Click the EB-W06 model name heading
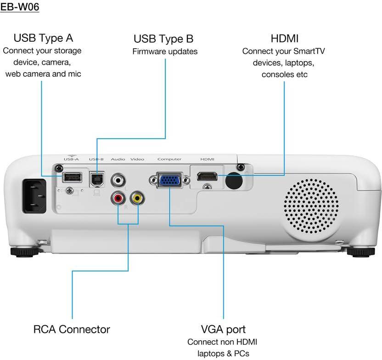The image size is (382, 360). (20, 8)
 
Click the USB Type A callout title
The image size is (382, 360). (43, 38)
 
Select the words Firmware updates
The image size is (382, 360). (165, 51)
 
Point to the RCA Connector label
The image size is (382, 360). (72, 329)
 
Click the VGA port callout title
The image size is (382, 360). (223, 329)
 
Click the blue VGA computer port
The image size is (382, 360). (169, 180)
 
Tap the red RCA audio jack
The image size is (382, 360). (118, 198)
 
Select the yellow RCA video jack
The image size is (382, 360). (136, 198)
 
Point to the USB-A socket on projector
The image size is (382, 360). (72, 177)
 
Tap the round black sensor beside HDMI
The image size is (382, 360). (234, 180)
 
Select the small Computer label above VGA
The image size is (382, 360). (169, 159)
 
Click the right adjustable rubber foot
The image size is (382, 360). (359, 251)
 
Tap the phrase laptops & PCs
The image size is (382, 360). (223, 354)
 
